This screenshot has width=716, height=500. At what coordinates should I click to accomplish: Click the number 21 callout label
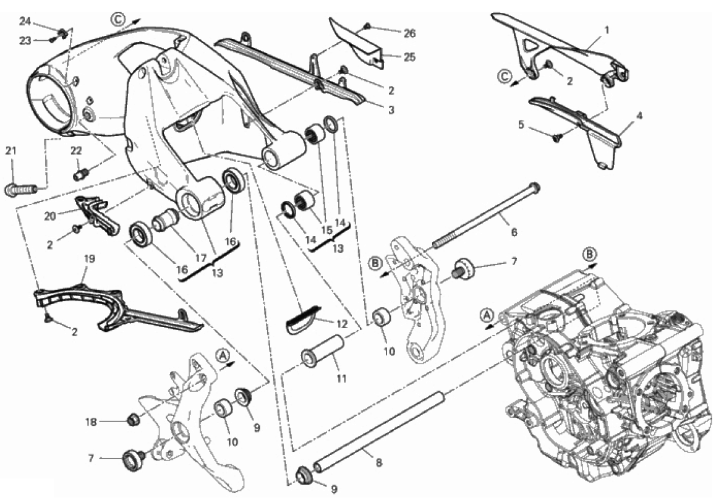11,150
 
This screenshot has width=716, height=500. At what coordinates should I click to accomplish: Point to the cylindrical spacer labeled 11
323,351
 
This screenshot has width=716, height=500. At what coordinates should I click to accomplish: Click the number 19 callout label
90,259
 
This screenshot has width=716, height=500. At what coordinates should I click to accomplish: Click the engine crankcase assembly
603,375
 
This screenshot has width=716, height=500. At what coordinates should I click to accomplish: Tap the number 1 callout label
607,30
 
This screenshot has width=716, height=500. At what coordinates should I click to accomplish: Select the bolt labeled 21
21,188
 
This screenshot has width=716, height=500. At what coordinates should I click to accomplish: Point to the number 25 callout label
409,57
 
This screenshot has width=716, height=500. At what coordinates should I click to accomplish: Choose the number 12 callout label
342,324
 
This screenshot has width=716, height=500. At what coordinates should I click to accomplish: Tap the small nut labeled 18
133,418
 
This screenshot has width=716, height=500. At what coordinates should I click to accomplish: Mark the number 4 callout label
639,116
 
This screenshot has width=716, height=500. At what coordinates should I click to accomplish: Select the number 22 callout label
76,150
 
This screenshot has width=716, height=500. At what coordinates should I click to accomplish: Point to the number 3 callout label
391,109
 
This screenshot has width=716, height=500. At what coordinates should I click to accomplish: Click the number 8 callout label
378,462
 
